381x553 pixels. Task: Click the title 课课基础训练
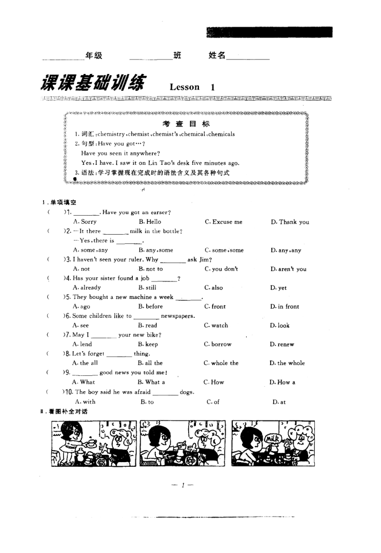coord(92,84)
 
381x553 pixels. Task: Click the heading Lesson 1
coord(192,87)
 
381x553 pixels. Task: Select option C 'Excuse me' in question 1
coord(223,222)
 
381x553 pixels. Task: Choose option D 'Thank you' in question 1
coord(290,222)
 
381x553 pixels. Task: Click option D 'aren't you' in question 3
coord(288,269)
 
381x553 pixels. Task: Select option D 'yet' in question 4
coord(275,288)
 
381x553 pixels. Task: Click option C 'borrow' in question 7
coord(217,344)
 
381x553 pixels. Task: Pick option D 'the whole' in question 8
coord(287,363)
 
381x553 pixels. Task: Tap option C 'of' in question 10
coord(213,402)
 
